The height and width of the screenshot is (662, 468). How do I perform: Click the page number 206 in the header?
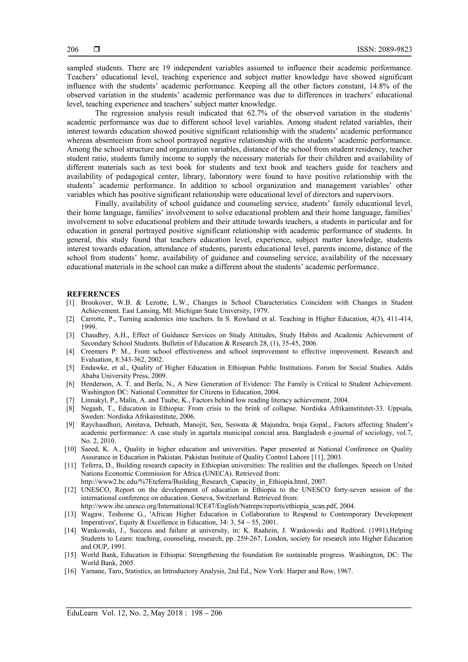pos(73,50)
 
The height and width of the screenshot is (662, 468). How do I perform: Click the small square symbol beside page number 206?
pos(97,49)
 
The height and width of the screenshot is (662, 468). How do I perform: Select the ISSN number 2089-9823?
pos(395,50)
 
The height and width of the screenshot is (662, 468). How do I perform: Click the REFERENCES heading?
pos(93,294)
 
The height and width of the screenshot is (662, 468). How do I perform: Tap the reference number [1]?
pos(70,303)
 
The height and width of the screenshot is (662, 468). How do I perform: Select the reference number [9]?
pos(70,425)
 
